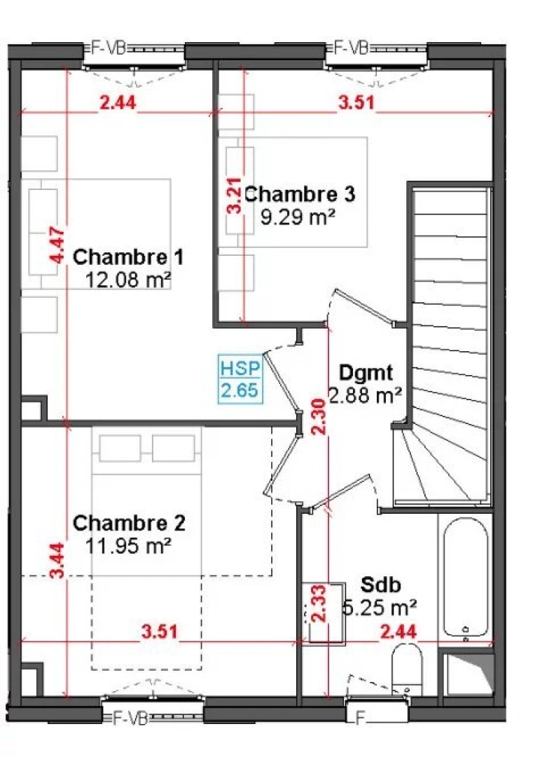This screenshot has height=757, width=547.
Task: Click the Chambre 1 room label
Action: (128, 256)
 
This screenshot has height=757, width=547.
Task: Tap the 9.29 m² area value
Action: (297, 217)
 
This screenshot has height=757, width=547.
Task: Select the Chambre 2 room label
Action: (129, 523)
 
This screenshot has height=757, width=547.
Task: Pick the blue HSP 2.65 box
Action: (240, 380)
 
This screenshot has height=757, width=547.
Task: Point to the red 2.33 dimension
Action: (319, 604)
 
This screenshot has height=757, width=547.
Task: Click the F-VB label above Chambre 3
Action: (351, 48)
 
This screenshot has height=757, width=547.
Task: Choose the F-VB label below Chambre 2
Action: (130, 718)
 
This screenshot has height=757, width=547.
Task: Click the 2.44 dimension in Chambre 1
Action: (118, 102)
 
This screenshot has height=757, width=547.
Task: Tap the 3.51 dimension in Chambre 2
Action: (159, 632)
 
